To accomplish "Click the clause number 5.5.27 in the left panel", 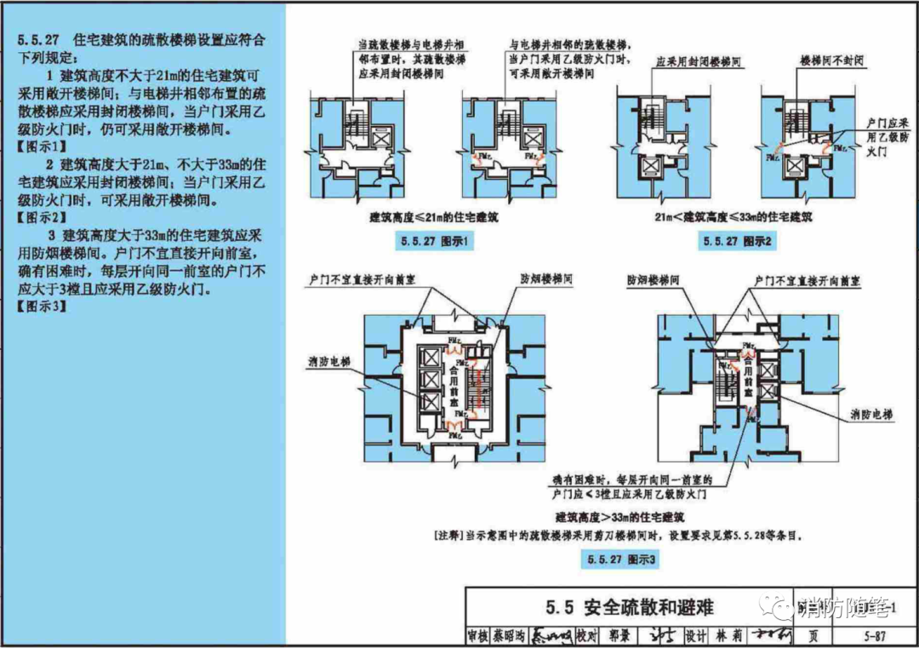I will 38,41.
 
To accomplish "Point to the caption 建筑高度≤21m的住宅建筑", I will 434,218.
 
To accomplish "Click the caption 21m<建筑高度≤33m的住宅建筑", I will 733,217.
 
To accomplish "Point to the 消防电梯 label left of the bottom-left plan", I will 328,362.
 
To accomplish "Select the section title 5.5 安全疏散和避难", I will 630,607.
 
